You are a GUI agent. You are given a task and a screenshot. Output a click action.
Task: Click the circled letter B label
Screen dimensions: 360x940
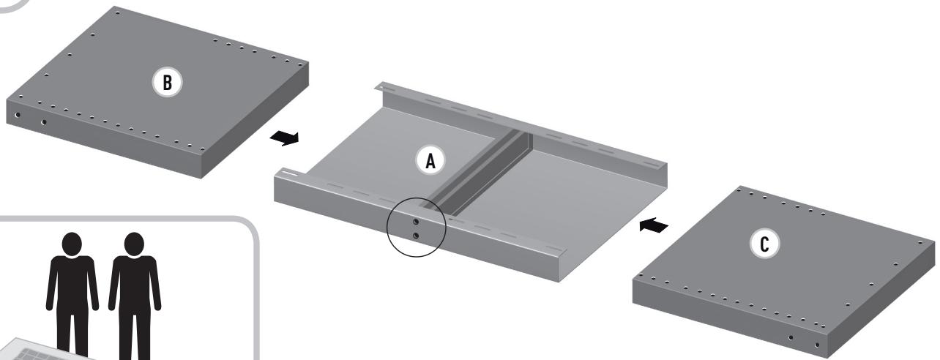(x=168, y=83)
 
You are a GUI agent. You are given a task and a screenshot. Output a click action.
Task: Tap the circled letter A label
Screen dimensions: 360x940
(x=430, y=160)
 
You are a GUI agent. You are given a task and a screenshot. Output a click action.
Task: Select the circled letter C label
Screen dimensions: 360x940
(x=764, y=246)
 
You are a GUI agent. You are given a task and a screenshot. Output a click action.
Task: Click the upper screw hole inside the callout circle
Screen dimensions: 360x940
(x=415, y=221)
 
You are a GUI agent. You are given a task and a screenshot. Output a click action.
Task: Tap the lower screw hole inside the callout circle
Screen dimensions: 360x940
(x=415, y=236)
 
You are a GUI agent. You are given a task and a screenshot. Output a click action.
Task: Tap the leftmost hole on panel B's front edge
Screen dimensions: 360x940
(x=18, y=115)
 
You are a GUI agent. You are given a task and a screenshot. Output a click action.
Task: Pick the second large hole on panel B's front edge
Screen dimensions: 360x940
(x=44, y=122)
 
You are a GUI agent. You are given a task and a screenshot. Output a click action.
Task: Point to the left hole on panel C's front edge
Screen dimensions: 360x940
(x=790, y=337)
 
